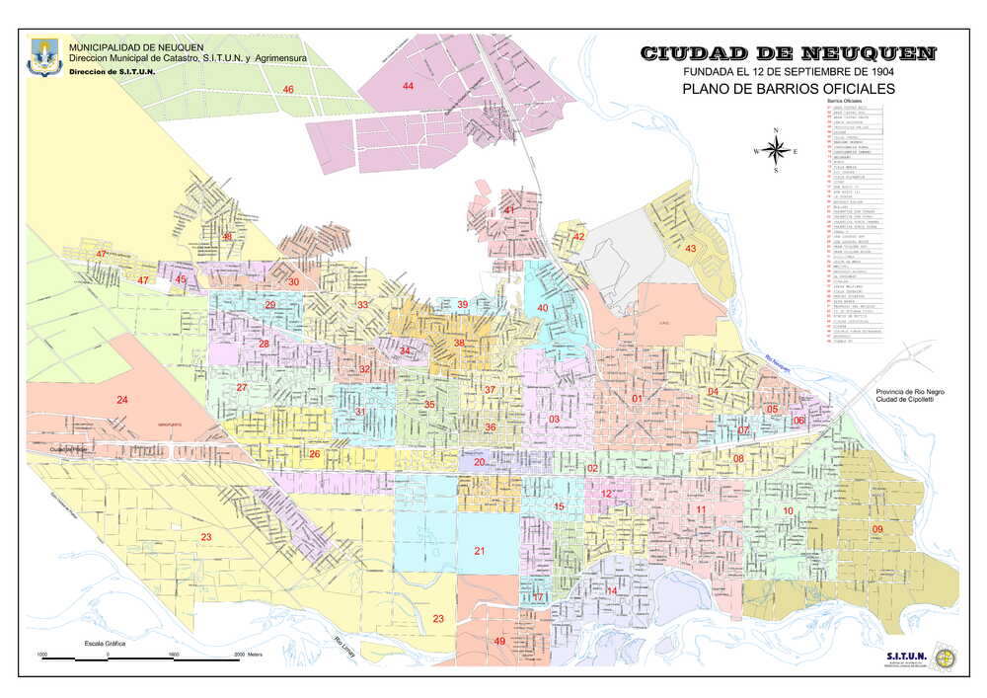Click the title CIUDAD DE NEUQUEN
[x=788, y=54]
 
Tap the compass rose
[x=777, y=151]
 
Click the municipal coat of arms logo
[x=44, y=57]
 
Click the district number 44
[x=408, y=86]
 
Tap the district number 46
[x=288, y=90]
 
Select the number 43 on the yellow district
[x=691, y=249]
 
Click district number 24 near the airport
[x=122, y=400]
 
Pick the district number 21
[x=480, y=551]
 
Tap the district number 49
[x=499, y=642]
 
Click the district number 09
[x=876, y=530]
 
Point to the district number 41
[x=509, y=210]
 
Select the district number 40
[x=542, y=308]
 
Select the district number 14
[x=611, y=591]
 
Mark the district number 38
[x=459, y=343]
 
